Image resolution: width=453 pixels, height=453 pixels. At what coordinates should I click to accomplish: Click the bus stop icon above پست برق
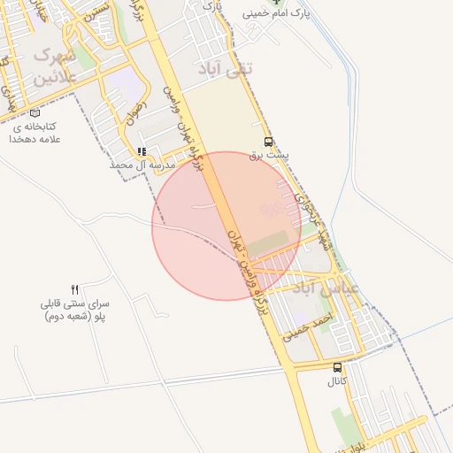point(268,142)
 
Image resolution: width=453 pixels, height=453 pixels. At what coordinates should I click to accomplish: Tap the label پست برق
point(269,155)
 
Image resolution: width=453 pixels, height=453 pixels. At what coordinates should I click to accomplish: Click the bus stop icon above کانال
point(337,367)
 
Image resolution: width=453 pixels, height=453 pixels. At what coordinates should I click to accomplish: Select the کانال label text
point(337,381)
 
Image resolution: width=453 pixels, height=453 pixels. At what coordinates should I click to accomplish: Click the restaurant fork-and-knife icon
point(75,289)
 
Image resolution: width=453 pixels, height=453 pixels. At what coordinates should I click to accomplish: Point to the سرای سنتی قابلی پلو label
point(75,309)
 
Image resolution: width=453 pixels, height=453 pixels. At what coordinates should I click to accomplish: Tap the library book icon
point(35,113)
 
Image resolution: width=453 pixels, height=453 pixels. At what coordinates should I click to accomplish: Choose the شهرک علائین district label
point(55,66)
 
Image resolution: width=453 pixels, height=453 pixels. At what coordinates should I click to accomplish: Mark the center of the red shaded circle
point(226,226)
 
